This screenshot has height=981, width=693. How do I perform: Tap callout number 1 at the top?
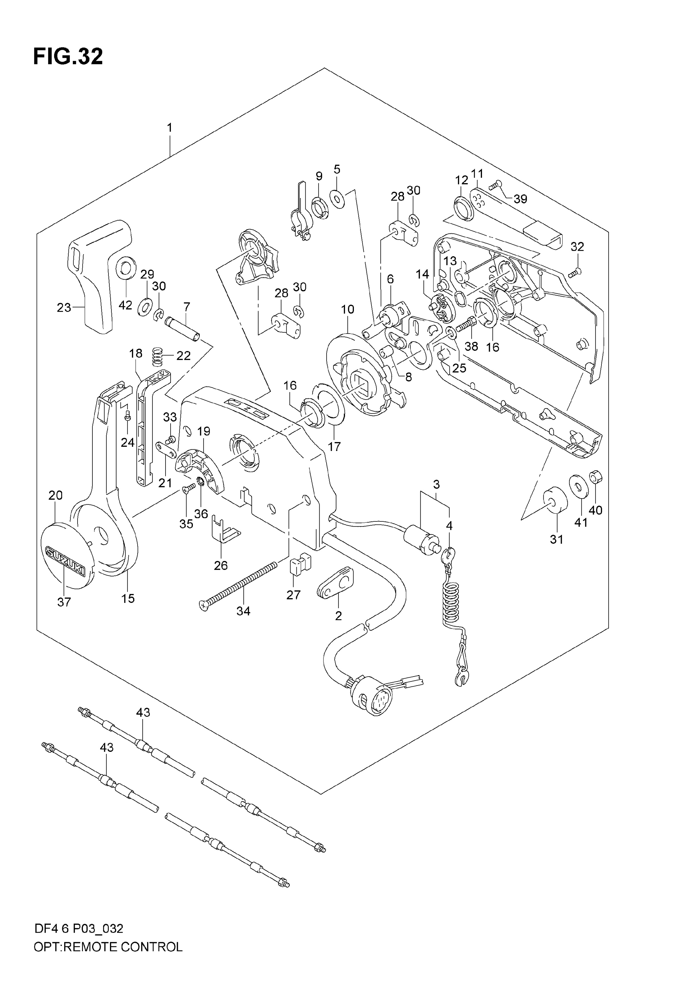(x=169, y=127)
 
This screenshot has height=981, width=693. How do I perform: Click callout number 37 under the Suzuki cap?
(x=64, y=602)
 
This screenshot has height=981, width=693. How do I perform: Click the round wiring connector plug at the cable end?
(x=371, y=698)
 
